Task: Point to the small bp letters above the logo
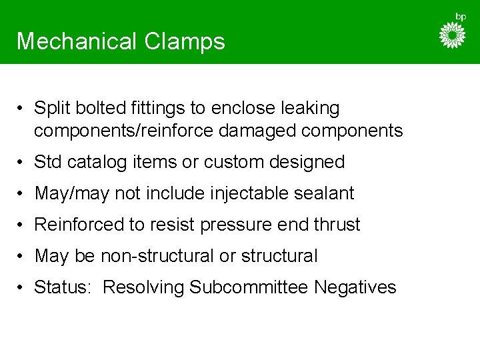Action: (461, 16)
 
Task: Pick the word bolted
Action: (89, 108)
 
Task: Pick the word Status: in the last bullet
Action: (63, 287)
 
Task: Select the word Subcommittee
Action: (248, 287)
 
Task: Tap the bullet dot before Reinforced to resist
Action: (22, 225)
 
